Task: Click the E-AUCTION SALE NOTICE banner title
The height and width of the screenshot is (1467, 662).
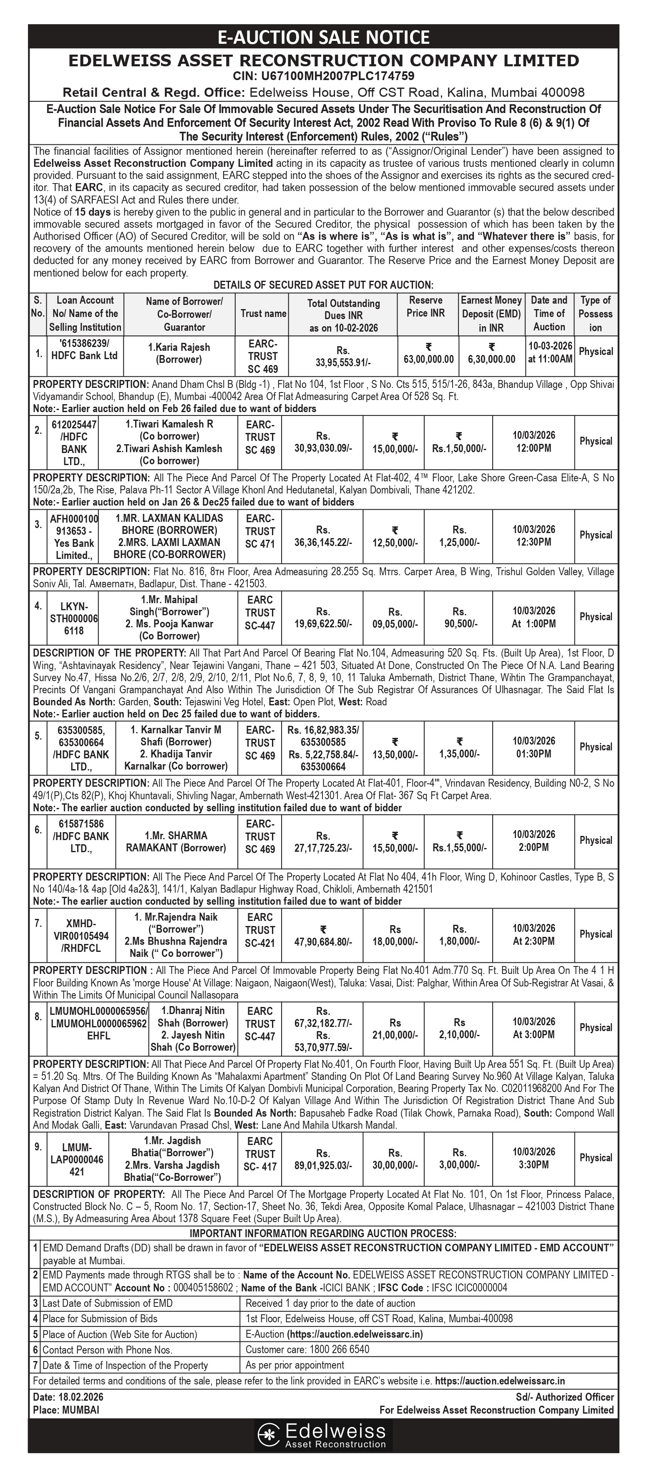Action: pos(324,38)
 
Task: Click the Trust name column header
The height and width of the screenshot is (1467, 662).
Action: pos(263,313)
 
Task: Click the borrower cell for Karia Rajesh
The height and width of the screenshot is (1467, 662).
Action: pos(184,353)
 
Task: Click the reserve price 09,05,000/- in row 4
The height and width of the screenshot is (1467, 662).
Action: pos(395,618)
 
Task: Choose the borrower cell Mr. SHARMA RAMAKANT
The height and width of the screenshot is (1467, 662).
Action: pos(176,841)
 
